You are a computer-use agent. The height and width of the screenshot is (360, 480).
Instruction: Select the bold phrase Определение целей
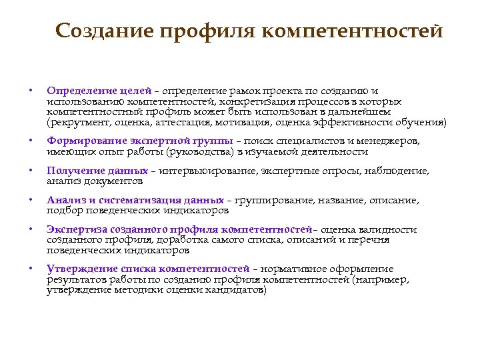coord(99,90)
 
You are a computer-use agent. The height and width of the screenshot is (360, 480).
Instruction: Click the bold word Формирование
coord(87,141)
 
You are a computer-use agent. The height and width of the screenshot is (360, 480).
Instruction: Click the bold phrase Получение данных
coord(97,171)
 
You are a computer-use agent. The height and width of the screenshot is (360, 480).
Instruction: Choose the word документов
coord(112,181)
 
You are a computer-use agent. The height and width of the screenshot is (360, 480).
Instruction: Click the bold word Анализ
coord(65,200)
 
